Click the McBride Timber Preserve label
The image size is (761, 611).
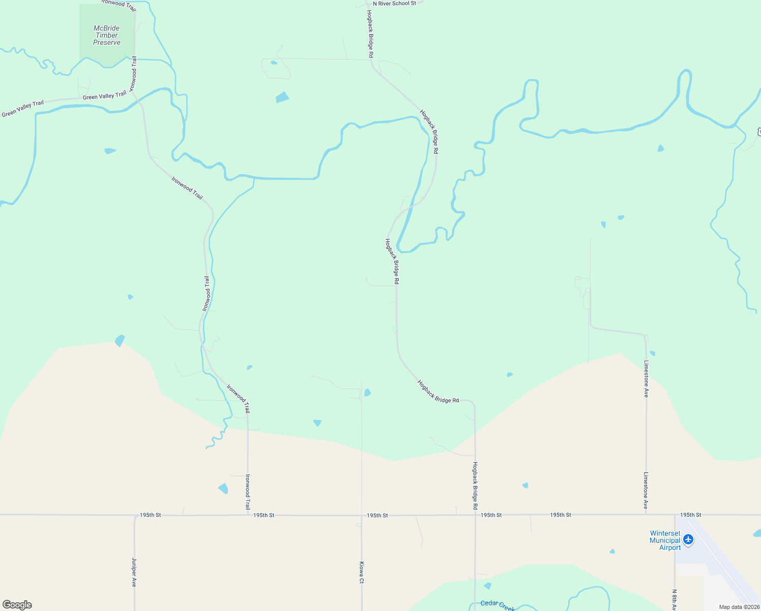tap(107, 36)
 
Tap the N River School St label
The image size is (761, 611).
tap(394, 4)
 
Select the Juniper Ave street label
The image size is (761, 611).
tap(134, 572)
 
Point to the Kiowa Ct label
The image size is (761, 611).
tap(362, 573)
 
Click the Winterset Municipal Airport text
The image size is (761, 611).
tap(665, 541)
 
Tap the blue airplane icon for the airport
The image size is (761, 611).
tap(688, 539)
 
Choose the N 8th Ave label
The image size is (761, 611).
tap(675, 599)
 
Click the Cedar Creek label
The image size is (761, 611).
tap(497, 604)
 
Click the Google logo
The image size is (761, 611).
tap(17, 605)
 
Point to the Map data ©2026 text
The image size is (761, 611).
tap(739, 607)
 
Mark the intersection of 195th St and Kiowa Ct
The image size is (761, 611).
tap(362, 515)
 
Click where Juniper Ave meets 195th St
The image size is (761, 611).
tap(135, 515)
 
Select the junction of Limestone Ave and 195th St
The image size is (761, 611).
tap(647, 515)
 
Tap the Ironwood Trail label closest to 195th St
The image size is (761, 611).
tap(248, 492)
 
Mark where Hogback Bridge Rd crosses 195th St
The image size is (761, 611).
tap(475, 515)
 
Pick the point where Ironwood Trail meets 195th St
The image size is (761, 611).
tap(248, 515)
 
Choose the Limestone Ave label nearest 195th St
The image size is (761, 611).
tap(646, 490)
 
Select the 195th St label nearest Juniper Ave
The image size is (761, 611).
tap(151, 515)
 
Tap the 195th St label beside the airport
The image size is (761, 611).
tap(690, 515)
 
